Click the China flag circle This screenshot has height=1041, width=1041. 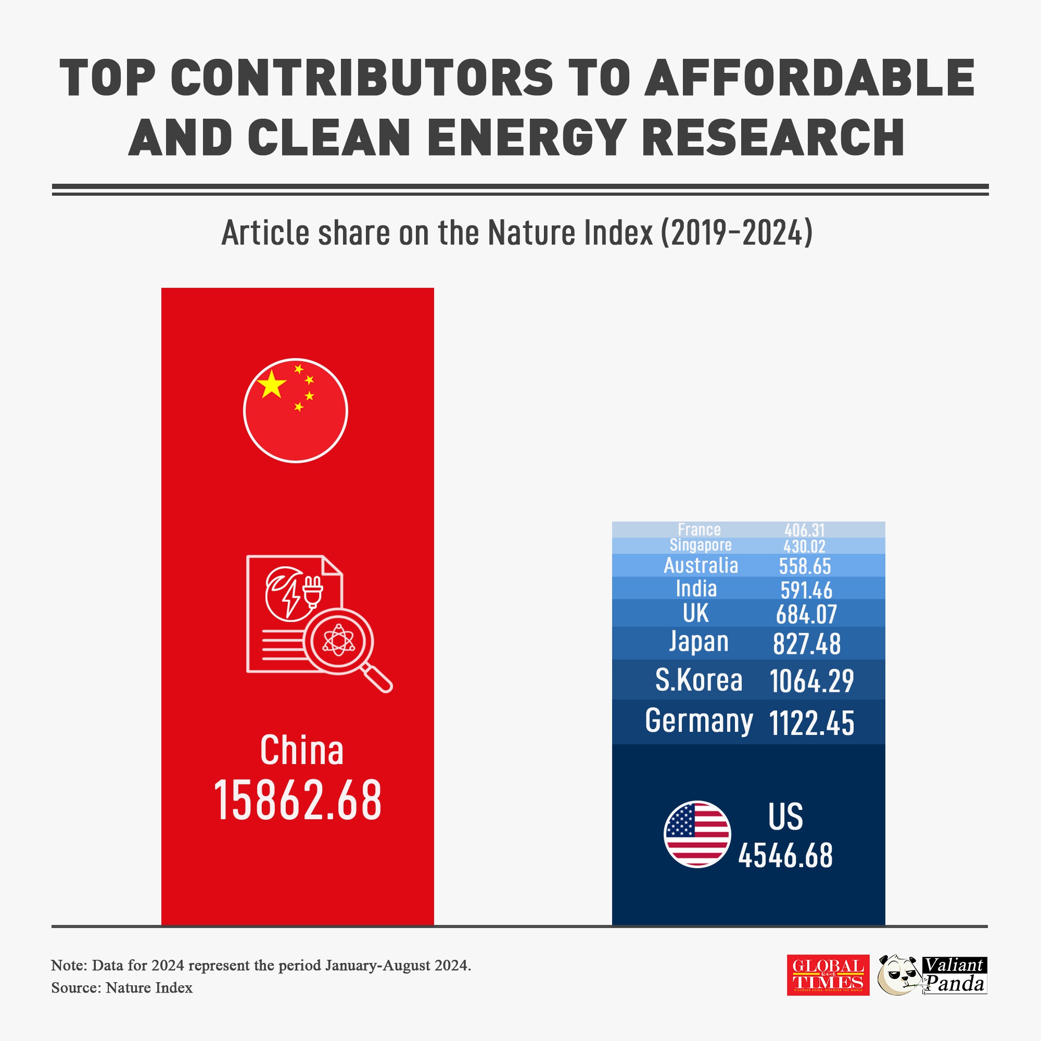click(295, 411)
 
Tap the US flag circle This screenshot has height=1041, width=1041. click(697, 834)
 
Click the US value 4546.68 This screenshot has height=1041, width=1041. click(785, 856)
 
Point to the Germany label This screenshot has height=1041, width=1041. click(699, 721)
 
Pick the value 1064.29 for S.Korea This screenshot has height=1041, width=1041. click(811, 681)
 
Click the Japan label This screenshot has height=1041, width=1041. click(699, 642)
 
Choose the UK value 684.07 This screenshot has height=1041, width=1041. click(806, 615)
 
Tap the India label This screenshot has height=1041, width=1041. click(696, 589)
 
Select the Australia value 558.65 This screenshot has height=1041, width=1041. click(805, 566)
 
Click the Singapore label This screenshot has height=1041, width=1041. click(701, 545)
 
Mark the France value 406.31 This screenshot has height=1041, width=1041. click(805, 530)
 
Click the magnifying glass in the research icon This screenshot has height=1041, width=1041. click(339, 641)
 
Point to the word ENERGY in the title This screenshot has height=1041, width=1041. click(526, 137)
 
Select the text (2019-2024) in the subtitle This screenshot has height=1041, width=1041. click(737, 233)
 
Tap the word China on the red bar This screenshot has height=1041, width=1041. click(301, 751)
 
